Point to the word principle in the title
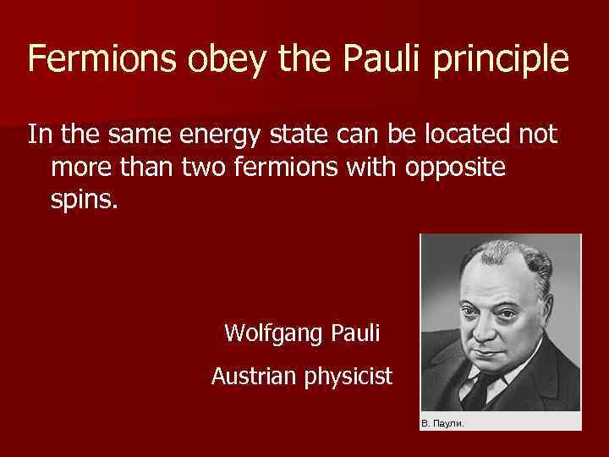[x=503, y=61]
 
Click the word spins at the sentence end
[x=79, y=203]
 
